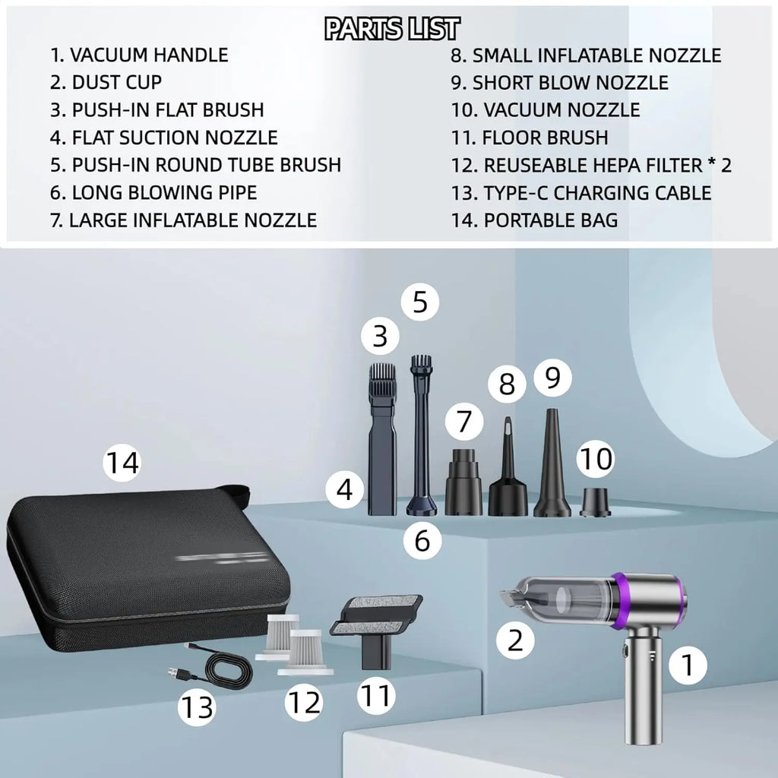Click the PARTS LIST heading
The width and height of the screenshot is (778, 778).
click(x=391, y=29)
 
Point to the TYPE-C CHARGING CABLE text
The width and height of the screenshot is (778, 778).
click(x=581, y=193)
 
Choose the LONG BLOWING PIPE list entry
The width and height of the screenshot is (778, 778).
click(x=154, y=193)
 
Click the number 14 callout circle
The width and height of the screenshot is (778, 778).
click(x=122, y=462)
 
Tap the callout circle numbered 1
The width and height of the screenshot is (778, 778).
click(x=688, y=666)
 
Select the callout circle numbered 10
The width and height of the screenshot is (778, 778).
click(x=595, y=459)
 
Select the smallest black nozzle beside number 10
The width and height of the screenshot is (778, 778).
click(x=595, y=502)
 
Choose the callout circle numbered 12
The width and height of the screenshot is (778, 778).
click(x=304, y=704)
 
